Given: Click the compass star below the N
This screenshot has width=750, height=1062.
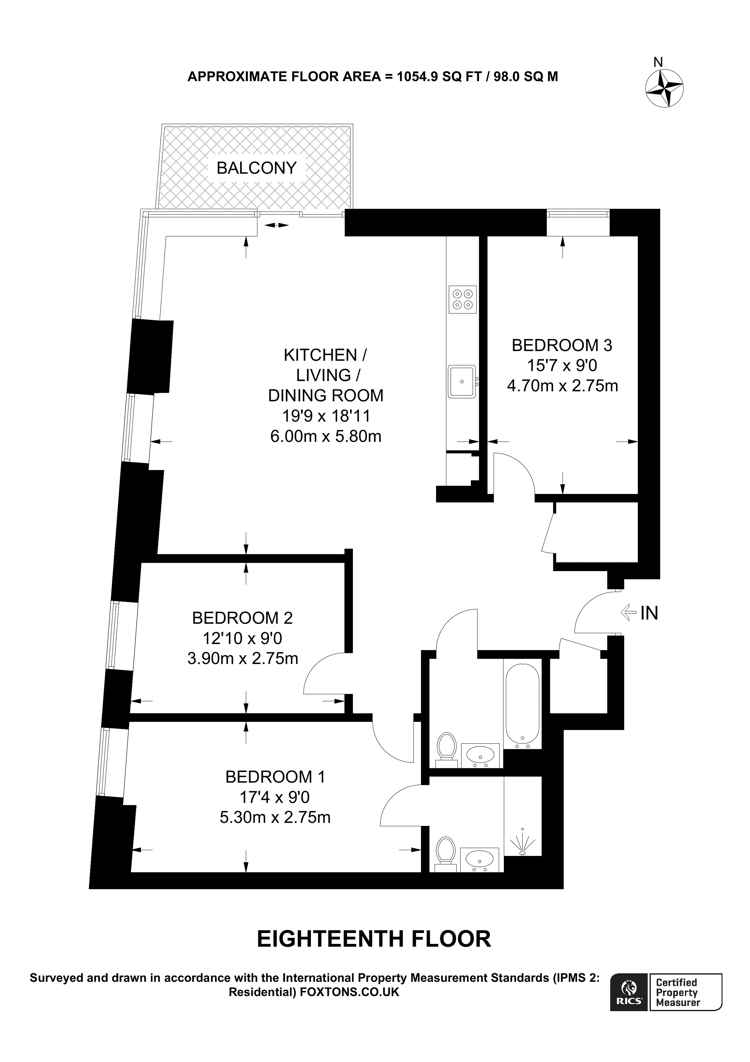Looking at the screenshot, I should (x=664, y=88).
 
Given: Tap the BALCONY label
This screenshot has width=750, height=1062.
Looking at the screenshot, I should (x=256, y=168).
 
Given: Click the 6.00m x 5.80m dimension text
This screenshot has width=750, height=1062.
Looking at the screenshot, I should (x=326, y=436).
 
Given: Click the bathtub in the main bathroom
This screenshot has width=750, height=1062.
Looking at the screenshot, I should (x=522, y=705).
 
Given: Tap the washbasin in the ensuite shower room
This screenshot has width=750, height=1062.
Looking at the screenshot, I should (x=480, y=859).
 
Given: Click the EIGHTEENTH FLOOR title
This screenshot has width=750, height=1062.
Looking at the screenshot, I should (x=374, y=939).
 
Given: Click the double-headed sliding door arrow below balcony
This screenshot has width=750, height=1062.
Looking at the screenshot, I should (x=276, y=225).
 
